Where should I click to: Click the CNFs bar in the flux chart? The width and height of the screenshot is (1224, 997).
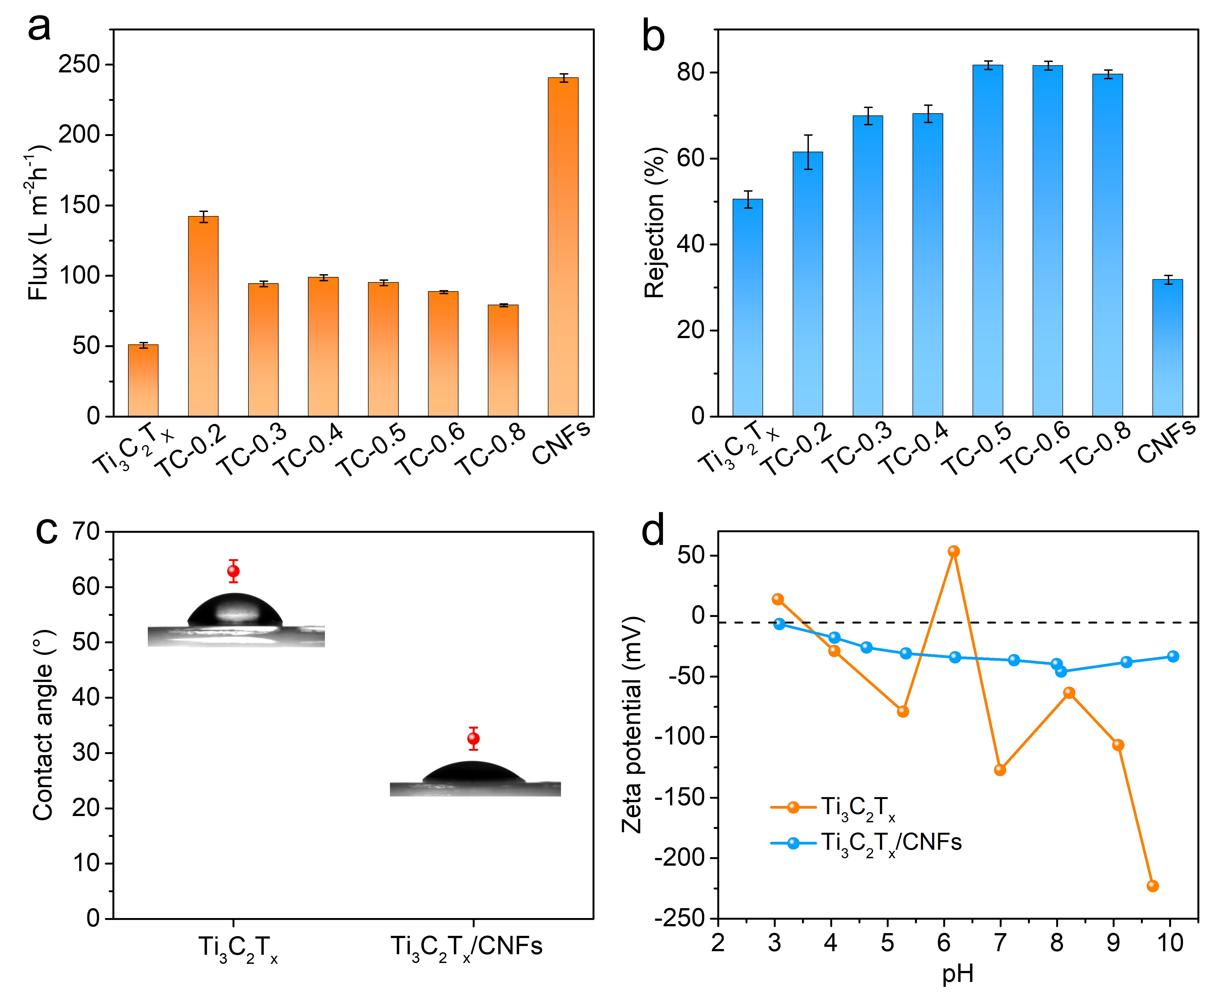pos(563,247)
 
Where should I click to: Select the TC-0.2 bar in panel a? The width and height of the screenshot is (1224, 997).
pos(203,316)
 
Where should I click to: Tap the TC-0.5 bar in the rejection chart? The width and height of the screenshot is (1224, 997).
pos(987,241)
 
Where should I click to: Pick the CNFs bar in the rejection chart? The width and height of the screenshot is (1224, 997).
pos(1167,347)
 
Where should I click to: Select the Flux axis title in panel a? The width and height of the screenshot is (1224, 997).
pos(38,223)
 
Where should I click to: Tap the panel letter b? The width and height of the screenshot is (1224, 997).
pos(653,36)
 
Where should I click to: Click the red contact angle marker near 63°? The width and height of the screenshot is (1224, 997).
pos(233,571)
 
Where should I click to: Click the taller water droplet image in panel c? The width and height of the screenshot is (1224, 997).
pos(236,619)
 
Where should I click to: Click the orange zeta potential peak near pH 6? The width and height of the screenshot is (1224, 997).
pos(953,551)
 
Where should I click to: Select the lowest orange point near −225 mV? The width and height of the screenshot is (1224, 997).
pos(1152,886)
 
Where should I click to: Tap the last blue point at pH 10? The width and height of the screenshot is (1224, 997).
pos(1173,656)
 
